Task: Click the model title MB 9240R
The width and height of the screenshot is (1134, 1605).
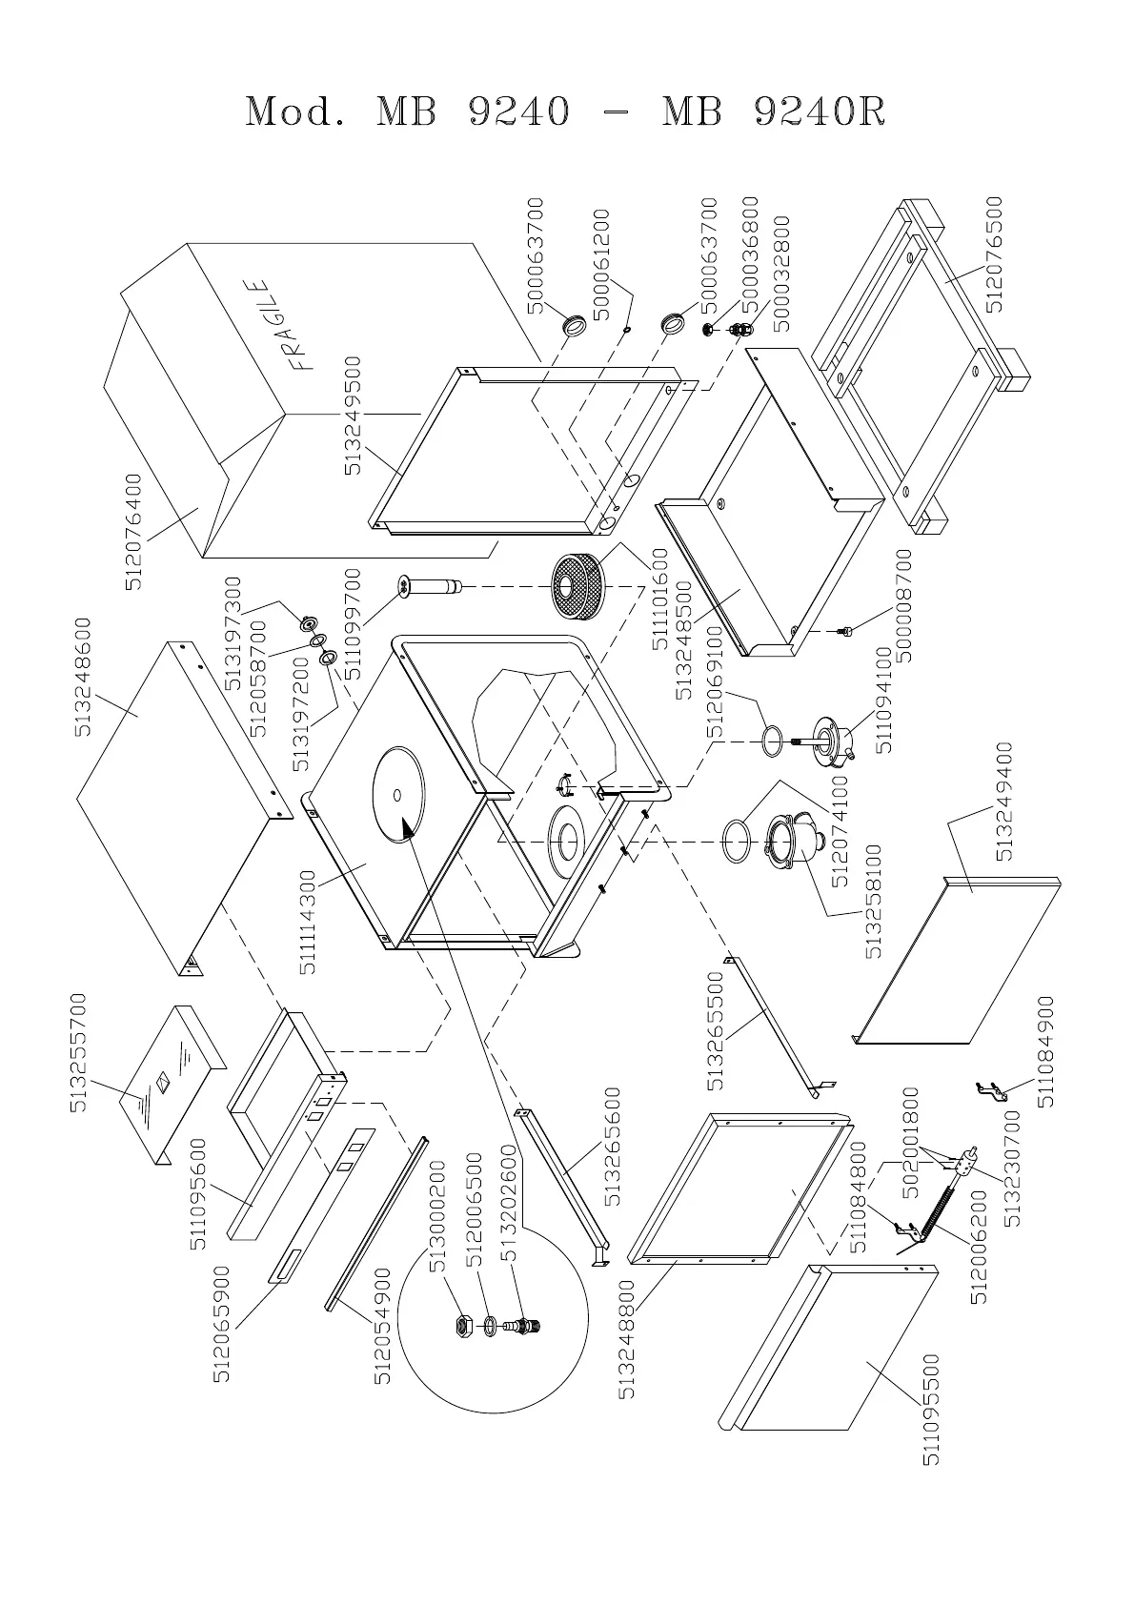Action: coord(774,112)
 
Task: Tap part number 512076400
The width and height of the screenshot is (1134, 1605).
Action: coord(134,532)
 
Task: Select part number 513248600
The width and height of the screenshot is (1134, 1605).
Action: coord(83,677)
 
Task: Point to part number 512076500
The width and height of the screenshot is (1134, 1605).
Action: coord(995,254)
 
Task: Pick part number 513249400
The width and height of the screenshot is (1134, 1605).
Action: coord(1003,802)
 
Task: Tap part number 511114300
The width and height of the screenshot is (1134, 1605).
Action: coord(308,916)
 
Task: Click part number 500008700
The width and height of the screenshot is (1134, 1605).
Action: coord(904,606)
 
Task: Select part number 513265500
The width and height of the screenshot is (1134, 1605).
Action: coord(717,1031)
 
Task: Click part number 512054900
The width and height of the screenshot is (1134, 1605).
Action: coord(382,1326)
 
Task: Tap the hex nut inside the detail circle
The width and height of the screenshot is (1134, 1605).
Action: coord(462,1324)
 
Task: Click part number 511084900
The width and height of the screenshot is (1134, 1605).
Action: coord(1046,1051)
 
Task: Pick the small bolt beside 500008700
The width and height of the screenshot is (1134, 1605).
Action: coord(843,629)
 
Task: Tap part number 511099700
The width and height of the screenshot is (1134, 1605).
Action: coord(353,623)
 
